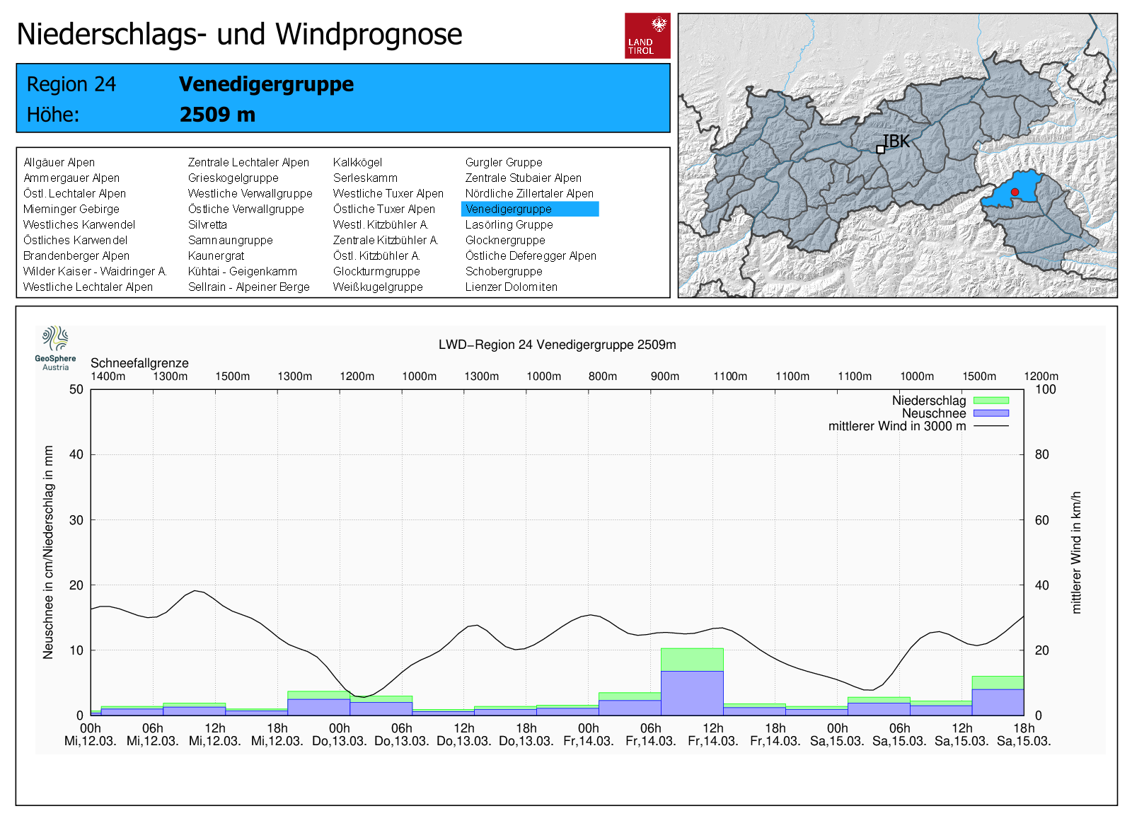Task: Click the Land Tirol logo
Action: click(x=647, y=35)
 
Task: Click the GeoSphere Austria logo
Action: click(x=55, y=347)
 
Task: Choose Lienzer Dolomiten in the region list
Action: click(x=511, y=287)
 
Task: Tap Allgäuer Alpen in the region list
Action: click(x=59, y=162)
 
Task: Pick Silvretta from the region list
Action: click(x=207, y=224)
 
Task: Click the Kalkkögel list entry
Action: click(x=357, y=162)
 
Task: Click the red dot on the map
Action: click(x=1015, y=192)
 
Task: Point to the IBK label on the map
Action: click(x=896, y=141)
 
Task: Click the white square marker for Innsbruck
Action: click(x=880, y=149)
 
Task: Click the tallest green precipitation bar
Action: click(x=692, y=659)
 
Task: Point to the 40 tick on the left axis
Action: click(x=76, y=454)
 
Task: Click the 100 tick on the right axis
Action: click(x=1045, y=389)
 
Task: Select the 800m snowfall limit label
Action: click(x=603, y=377)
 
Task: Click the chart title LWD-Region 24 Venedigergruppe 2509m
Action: click(x=557, y=345)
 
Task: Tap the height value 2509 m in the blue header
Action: click(x=217, y=115)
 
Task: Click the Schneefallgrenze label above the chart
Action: click(x=139, y=363)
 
